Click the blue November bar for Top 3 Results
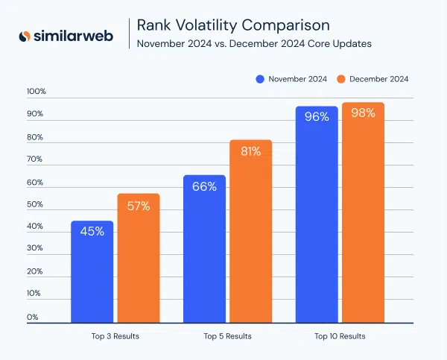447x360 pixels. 92,272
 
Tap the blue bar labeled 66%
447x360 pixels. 204,249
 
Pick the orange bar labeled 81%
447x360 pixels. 250,232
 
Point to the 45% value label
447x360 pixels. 92,231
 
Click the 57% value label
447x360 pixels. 138,206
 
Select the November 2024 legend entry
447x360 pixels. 292,79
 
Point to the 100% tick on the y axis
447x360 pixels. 37,92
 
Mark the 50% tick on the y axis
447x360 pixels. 37,204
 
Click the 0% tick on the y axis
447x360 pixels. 33,318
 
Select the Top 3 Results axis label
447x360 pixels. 115,336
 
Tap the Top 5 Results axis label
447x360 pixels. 227,336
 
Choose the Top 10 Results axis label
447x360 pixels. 340,336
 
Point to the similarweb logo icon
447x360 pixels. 25,36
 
